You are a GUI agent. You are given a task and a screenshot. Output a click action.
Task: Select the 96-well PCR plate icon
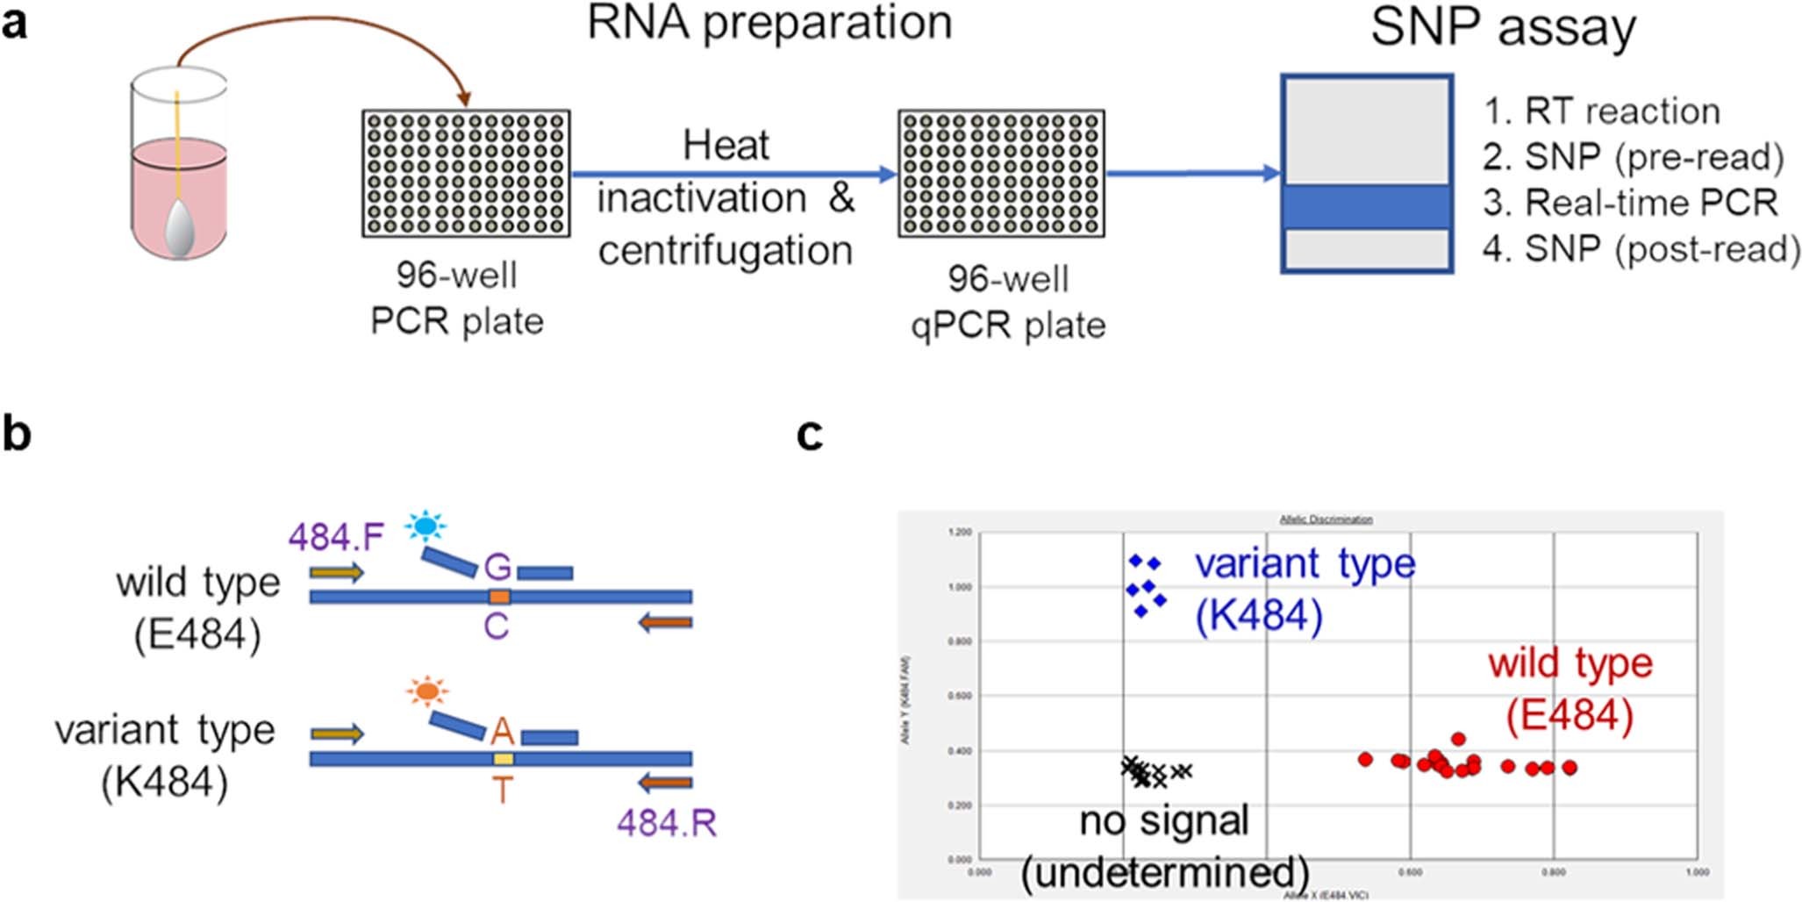coord(466,174)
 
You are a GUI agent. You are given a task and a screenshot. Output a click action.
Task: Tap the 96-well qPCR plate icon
coord(1001,174)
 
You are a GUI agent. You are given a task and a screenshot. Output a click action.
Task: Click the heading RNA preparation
coord(769,23)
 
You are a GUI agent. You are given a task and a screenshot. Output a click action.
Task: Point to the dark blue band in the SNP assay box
coord(1366,207)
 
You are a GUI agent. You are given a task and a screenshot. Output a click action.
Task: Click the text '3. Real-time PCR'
coord(1629,203)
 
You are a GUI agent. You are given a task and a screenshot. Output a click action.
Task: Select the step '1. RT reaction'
coord(1601,111)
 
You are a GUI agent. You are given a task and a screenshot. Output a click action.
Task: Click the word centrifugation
coord(726,251)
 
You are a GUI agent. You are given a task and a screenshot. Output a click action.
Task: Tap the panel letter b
coord(17,434)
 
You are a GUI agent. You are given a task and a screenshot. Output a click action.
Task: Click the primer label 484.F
coord(336,537)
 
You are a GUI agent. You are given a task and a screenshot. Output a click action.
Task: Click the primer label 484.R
coord(667,823)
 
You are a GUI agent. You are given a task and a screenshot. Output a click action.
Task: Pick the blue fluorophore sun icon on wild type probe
coord(425,526)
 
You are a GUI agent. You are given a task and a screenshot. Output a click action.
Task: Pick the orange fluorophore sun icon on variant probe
coord(427,691)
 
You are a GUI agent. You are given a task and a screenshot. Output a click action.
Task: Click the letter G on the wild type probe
coord(497,567)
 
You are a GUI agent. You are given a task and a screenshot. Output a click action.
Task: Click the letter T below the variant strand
coord(502,791)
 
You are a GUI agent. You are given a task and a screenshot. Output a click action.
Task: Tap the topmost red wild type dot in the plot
coord(1458,739)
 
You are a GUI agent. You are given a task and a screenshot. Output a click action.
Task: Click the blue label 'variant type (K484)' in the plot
coord(1303,588)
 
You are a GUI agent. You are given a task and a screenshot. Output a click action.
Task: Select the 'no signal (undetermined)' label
coord(1164,847)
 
